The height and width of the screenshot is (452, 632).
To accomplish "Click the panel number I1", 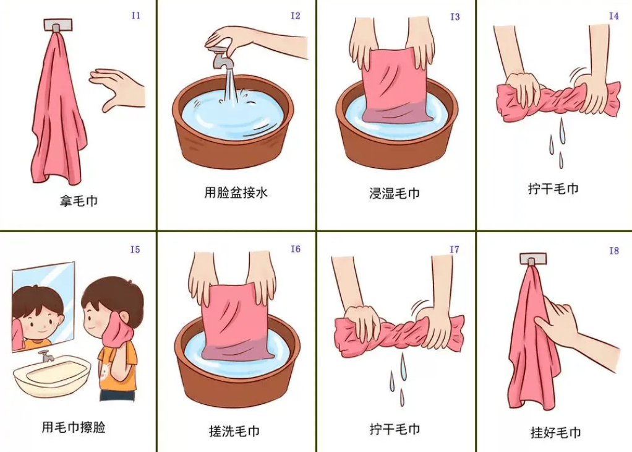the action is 136,15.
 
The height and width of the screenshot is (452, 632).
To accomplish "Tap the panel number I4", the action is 613,16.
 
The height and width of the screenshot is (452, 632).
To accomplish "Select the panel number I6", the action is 296,249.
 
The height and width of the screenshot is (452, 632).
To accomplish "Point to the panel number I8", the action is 613,251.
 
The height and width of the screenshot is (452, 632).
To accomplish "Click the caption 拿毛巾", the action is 79,201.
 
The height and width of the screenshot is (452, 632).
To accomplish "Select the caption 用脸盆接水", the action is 236,193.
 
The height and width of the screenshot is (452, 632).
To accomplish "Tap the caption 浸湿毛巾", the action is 394,193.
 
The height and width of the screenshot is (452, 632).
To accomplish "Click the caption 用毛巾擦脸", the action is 74,427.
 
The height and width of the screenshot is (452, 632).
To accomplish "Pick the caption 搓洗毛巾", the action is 234,431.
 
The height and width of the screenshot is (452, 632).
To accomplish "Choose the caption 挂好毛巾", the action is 555,433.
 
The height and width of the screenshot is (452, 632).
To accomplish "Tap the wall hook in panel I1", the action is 58,25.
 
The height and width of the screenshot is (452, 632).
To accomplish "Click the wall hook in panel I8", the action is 533,258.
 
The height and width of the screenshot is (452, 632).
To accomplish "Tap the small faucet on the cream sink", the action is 46,356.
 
